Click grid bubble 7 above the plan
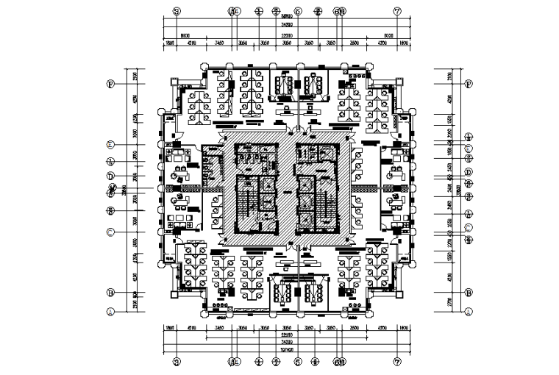[398, 12]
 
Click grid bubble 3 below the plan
[176, 362]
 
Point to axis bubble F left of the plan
[110, 84]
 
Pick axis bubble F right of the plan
[468, 84]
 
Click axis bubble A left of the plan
[110, 312]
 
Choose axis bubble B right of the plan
[468, 292]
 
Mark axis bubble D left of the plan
[110, 176]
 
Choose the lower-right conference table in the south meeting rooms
[313, 292]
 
